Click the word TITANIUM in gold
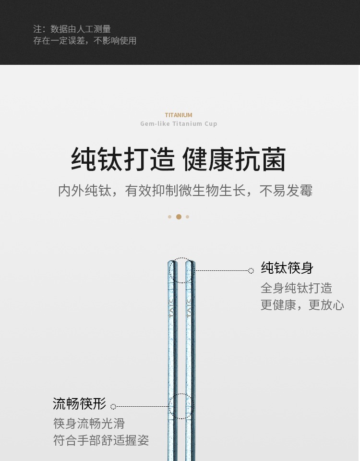pos(179,115)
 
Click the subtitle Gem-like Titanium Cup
pos(179,123)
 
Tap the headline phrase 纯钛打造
pos(123,160)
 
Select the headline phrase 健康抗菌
pos(234,160)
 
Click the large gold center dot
pos(179,217)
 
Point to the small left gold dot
pos(169,217)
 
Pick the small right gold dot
pos(187,217)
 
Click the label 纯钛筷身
pos(287,268)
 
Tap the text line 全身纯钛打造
pos(296,288)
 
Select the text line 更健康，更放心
pos(302,305)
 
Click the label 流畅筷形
pos(79,404)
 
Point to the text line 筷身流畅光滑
pos(89,424)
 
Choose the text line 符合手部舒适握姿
pos(101,440)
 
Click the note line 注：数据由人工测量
pos(72,29)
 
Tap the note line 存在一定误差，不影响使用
pos(85,41)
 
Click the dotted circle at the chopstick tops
pos(181,270)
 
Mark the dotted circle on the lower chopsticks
pos(181,406)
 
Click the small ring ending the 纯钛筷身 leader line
pos(251,271)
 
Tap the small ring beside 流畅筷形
pos(113,407)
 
